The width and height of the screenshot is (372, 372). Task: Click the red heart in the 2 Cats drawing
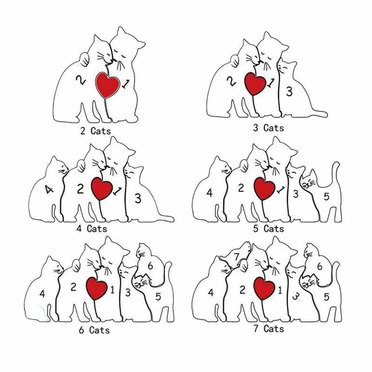tap(107, 85)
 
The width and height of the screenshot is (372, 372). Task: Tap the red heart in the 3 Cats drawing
tap(255, 84)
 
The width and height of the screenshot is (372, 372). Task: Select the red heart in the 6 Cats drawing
tap(96, 288)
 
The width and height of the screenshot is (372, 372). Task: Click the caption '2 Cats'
tap(96, 131)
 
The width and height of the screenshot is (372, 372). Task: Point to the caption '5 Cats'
tap(268, 228)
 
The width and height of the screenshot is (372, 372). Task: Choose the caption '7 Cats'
tap(268, 329)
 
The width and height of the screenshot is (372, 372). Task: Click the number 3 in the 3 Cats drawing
tap(289, 92)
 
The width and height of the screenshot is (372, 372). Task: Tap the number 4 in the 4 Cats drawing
tap(49, 189)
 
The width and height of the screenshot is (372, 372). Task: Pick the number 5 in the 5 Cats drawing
tap(326, 196)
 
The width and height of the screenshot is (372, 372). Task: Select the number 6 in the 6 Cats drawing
tap(150, 266)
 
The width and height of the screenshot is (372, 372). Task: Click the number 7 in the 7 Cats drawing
tap(237, 257)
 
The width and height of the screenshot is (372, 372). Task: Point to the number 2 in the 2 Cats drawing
tap(81, 80)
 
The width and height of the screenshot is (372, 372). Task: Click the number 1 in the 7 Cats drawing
tap(280, 290)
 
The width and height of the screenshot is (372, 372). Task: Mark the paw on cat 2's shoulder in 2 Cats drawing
tap(85, 59)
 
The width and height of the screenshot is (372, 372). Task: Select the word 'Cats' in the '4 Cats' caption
tap(97, 228)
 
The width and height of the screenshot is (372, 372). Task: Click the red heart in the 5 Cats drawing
tap(264, 189)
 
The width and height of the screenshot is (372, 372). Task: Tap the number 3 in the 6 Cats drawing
tap(128, 292)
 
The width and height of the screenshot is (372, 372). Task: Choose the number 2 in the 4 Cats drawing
tap(80, 189)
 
